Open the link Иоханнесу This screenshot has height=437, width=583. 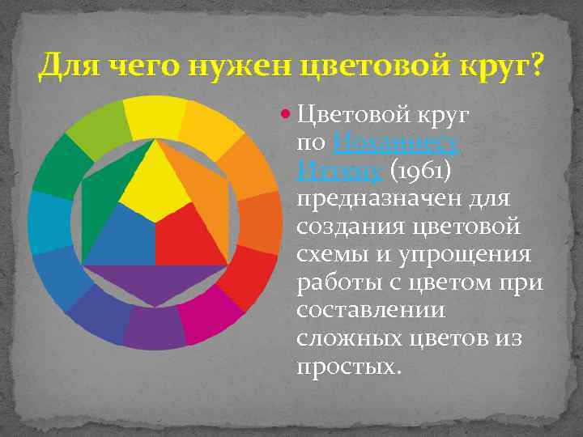[396, 145]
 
